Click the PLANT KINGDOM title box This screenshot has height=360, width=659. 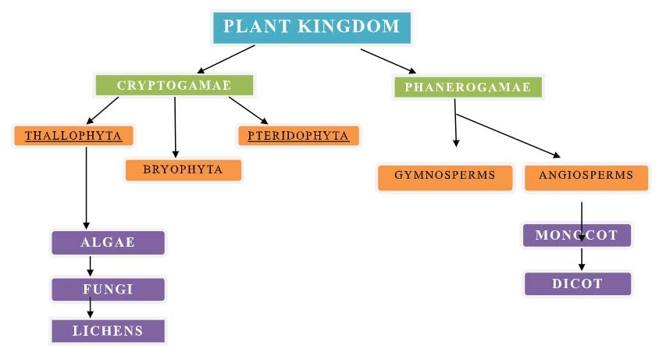(312, 27)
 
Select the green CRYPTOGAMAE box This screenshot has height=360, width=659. (174, 85)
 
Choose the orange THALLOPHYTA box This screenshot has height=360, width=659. (73, 136)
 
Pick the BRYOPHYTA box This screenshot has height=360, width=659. (183, 169)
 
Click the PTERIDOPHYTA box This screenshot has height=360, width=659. (298, 136)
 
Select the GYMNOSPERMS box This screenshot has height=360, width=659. (445, 176)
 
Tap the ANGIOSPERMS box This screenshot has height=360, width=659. (586, 176)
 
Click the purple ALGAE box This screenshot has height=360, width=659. (108, 243)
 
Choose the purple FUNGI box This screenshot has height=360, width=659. (108, 289)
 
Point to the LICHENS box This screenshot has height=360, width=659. (108, 331)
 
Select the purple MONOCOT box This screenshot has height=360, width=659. (576, 235)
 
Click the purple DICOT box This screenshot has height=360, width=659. (577, 283)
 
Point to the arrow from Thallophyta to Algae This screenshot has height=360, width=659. (86, 187)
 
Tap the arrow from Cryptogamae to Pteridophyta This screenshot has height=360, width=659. (248, 110)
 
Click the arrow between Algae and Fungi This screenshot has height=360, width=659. (91, 266)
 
